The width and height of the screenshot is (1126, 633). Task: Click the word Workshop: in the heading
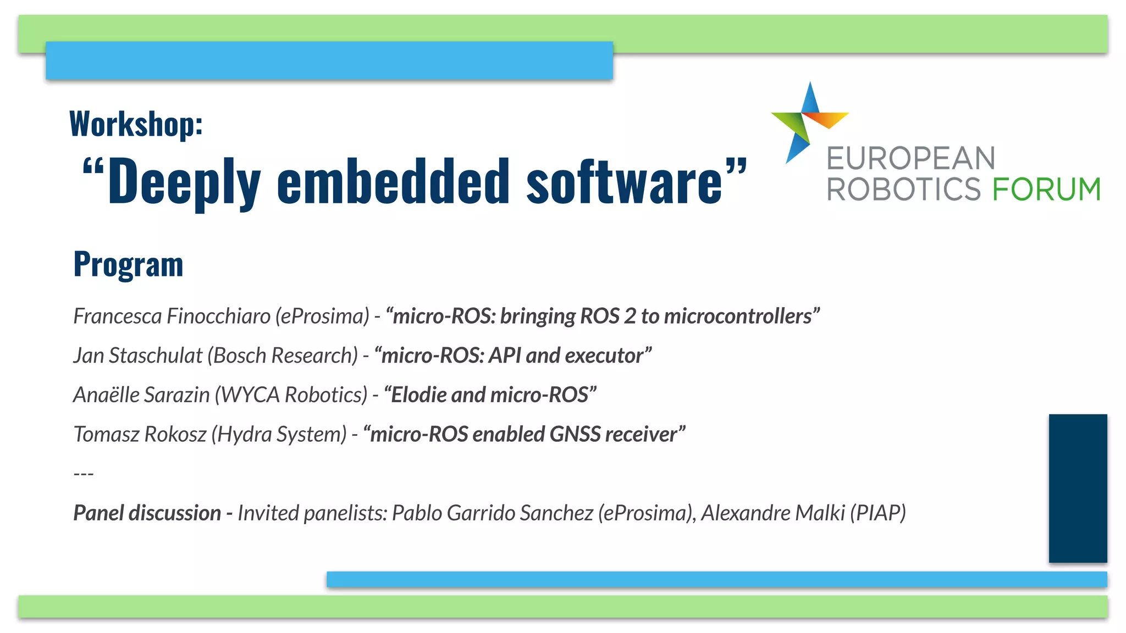pyautogui.click(x=136, y=124)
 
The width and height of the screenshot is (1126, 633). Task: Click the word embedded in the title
pyautogui.click(x=393, y=181)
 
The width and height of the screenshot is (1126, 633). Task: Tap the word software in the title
pyautogui.click(x=624, y=181)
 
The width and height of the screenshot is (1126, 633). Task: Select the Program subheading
pyautogui.click(x=128, y=264)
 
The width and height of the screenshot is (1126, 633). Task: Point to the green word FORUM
pyautogui.click(x=1046, y=190)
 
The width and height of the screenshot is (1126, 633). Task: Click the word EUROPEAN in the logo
pyautogui.click(x=911, y=159)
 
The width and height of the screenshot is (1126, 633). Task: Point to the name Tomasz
pyautogui.click(x=107, y=434)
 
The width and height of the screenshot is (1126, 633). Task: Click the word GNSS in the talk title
pyautogui.click(x=575, y=434)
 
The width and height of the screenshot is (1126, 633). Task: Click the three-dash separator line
pyautogui.click(x=84, y=473)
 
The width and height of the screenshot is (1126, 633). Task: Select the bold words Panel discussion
pyautogui.click(x=147, y=513)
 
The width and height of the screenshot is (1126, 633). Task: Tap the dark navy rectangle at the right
pyautogui.click(x=1078, y=488)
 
